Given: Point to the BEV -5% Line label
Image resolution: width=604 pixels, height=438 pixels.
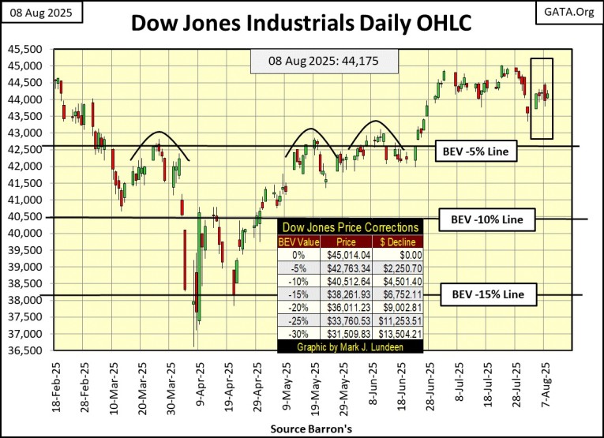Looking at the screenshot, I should [x=476, y=152].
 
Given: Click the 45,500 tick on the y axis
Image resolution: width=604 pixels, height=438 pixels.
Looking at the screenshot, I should [x=28, y=49].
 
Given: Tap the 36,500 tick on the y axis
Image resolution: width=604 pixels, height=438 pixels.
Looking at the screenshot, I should [x=28, y=350].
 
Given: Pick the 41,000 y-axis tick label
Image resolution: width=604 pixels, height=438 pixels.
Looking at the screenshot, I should [x=28, y=200].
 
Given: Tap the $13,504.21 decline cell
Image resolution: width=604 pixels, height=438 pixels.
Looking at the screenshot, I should [x=399, y=333].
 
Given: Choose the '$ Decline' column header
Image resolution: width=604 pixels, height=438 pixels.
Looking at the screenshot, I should [x=398, y=241].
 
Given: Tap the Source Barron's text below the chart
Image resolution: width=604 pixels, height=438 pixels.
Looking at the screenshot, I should [x=304, y=427].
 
